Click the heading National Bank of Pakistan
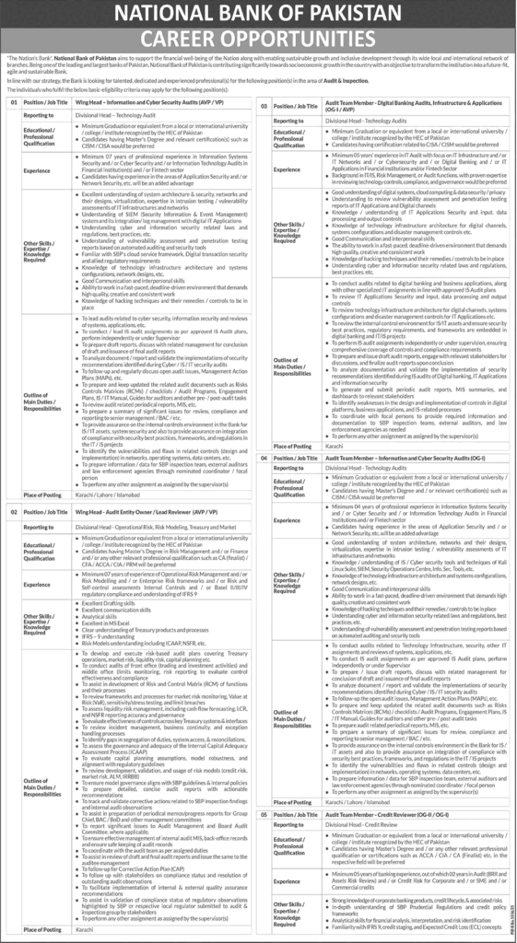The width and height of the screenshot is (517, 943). [258, 16]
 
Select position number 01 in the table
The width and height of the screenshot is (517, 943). [15, 104]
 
